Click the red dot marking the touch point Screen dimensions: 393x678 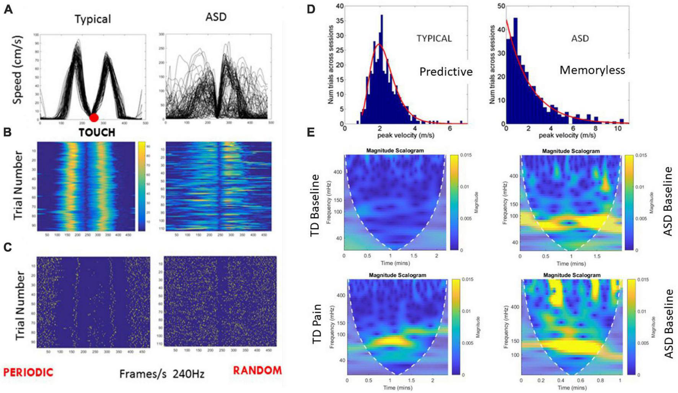click(94, 117)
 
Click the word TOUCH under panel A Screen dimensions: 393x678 click(97, 133)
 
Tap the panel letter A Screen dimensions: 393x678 click(8, 9)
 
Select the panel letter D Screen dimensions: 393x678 click(311, 9)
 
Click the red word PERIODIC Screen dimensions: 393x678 click(28, 372)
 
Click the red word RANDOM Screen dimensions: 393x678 click(257, 370)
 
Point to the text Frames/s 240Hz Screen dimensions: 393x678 click(161, 373)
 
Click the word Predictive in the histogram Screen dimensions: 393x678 click(446, 71)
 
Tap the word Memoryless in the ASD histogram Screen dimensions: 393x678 click(592, 70)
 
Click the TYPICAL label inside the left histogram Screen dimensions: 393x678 click(434, 38)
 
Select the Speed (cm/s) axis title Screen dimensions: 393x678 click(17, 70)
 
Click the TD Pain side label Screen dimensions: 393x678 click(316, 324)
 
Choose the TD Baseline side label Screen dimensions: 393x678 click(315, 205)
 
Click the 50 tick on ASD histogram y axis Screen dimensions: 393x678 click(501, 6)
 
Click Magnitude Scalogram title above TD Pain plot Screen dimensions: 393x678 click(397, 275)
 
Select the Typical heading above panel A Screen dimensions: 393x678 click(93, 19)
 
